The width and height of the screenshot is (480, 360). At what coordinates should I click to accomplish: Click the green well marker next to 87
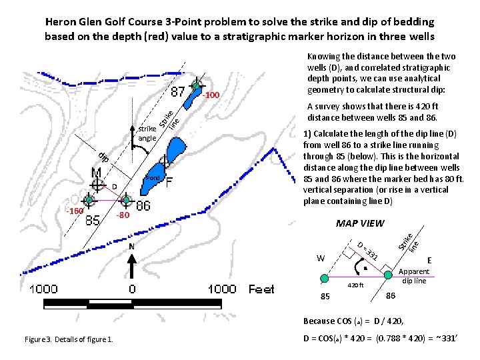pyautogui.click(x=196, y=85)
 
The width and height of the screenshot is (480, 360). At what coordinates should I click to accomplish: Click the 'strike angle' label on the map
pyautogui.click(x=147, y=133)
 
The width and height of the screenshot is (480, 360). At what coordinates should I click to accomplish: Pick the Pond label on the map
pyautogui.click(x=153, y=178)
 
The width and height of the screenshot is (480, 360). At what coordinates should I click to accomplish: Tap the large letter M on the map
pyautogui.click(x=97, y=175)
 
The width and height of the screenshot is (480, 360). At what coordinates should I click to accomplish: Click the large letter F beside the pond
pyautogui.click(x=170, y=182)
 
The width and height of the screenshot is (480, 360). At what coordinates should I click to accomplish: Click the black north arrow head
pyautogui.click(x=133, y=257)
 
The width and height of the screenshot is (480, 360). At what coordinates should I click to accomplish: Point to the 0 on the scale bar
pyautogui.click(x=132, y=289)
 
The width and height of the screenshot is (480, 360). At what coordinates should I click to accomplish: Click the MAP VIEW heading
pyautogui.click(x=360, y=223)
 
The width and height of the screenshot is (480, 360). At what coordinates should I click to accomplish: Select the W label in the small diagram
pyautogui.click(x=321, y=257)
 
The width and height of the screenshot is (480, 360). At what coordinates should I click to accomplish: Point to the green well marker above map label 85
pyautogui.click(x=89, y=199)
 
